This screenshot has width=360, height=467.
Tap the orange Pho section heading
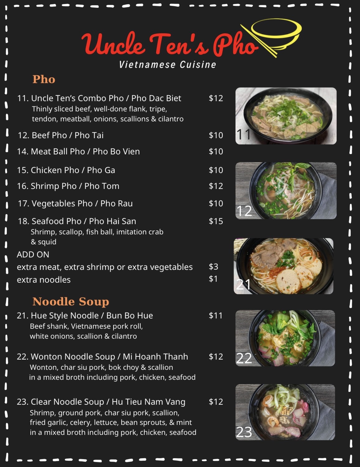(x=44, y=79)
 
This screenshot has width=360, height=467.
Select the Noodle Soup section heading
(x=71, y=301)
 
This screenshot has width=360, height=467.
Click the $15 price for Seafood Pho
(x=216, y=221)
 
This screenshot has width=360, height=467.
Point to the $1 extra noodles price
(x=213, y=279)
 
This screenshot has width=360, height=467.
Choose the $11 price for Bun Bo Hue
(x=216, y=315)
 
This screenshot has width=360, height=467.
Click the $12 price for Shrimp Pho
(x=216, y=186)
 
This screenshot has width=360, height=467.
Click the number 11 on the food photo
(x=244, y=134)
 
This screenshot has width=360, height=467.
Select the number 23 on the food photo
(x=244, y=432)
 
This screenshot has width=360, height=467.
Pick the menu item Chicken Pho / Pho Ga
(x=66, y=170)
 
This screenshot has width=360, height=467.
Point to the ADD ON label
(x=33, y=254)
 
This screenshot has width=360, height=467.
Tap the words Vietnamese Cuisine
(x=167, y=65)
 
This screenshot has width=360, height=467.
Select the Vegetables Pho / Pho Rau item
(x=75, y=204)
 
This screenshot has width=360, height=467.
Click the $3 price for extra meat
(x=213, y=267)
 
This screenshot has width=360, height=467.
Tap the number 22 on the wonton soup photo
(x=244, y=358)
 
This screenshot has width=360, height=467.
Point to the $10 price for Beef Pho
(x=216, y=135)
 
